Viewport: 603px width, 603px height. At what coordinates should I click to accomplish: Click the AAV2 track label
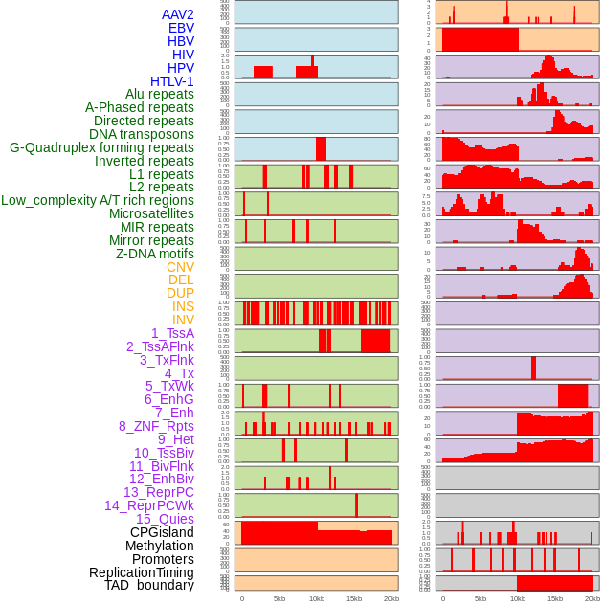pos(178,14)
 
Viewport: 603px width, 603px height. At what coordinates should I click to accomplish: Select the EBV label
pos(181,28)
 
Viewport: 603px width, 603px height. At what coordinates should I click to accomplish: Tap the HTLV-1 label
pos(172,81)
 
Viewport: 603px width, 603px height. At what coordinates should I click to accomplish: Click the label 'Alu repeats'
pos(160,94)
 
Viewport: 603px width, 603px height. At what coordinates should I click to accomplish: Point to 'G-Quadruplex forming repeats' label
pos(101,147)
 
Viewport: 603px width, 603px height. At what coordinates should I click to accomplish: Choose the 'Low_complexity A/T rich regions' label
pos(98,200)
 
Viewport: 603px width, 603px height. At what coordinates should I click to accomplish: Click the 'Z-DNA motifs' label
pos(155,254)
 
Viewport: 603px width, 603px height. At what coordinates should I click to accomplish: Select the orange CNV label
pos(180,267)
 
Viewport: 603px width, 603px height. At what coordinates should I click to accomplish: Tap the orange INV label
pos(183,320)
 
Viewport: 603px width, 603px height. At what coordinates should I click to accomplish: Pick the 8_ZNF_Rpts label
pos(156,426)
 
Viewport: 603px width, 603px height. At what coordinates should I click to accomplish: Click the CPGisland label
pos(162,532)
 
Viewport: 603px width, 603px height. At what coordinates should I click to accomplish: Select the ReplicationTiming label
pos(141,572)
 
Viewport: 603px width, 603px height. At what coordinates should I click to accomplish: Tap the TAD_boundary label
pos(149,585)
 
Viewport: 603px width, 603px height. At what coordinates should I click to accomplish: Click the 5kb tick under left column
pos(279,598)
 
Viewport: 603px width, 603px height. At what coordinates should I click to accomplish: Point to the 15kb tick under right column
pos(555,598)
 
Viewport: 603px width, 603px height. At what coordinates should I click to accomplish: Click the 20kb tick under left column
pos(391,598)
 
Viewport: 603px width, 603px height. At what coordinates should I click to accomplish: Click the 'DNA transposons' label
pos(142,134)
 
